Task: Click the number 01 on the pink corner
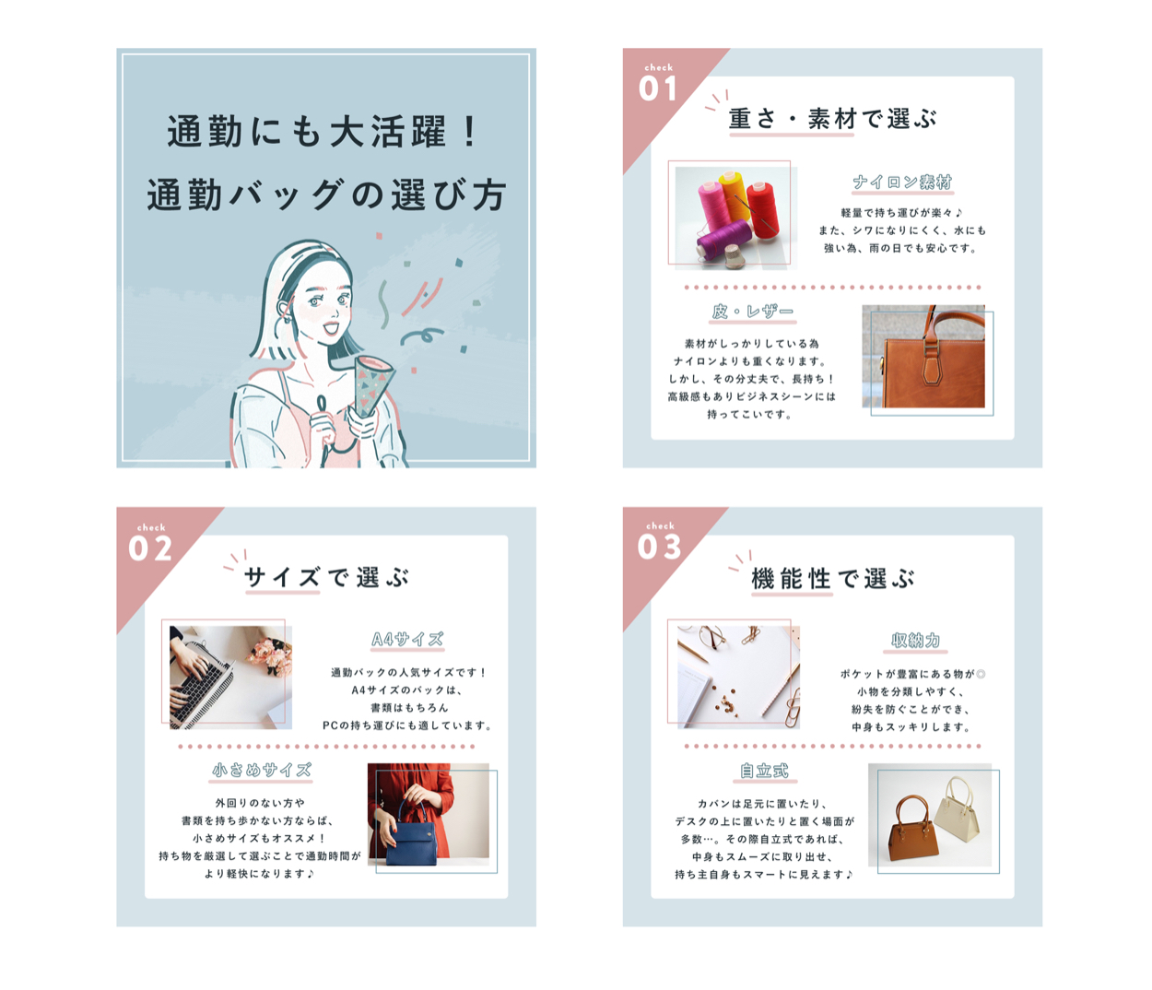[658, 88]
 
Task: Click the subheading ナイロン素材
[902, 183]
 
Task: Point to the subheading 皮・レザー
[752, 312]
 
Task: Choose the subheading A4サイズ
[407, 639]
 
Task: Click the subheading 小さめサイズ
[261, 770]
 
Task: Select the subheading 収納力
[915, 641]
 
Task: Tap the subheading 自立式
[763, 771]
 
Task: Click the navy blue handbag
[411, 831]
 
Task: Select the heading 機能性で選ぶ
[832, 579]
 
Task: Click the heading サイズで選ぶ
[326, 577]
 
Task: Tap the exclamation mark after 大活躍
[470, 132]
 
